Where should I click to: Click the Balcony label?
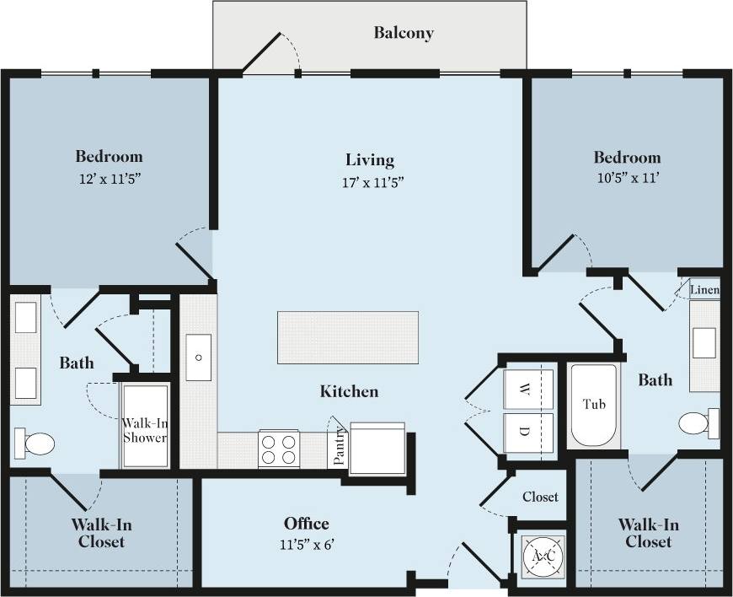404,34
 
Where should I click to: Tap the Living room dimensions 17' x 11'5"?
370,182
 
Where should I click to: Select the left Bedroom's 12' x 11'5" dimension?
109,179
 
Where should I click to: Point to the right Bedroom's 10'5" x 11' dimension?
627,179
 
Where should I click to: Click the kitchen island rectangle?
348,337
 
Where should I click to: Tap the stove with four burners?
280,448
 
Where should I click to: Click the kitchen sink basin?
200,358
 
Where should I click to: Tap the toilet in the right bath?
698,422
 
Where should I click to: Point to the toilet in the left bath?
35,442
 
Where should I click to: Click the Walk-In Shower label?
145,430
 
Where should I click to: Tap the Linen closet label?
704,291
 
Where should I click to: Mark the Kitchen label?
349,391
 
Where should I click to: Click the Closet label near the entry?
540,497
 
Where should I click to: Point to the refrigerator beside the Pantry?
377,448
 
